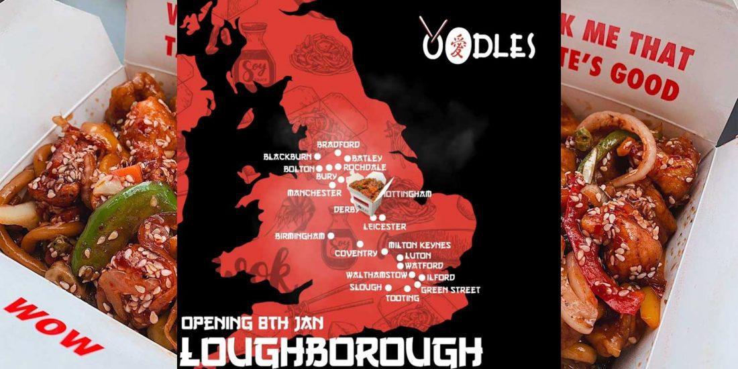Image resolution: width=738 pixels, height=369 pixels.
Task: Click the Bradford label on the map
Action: [338, 145]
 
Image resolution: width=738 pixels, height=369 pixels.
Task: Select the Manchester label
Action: [314, 193]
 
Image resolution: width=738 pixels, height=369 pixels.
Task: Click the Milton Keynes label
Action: [419, 246]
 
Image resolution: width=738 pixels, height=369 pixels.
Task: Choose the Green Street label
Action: [450, 290]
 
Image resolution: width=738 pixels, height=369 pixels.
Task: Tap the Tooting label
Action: [403, 298]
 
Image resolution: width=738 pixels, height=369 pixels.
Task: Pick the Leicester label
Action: [384, 227]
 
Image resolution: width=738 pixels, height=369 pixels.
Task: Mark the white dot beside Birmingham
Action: [330, 236]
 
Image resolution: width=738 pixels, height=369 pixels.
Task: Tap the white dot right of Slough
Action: [388, 287]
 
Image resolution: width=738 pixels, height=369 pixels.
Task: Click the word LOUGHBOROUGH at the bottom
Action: [332, 352]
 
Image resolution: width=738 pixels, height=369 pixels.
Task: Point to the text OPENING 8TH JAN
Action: [253, 323]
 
